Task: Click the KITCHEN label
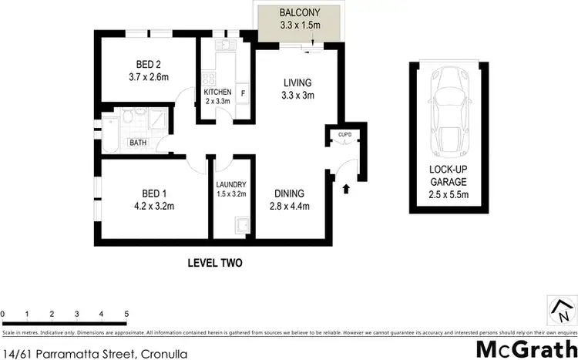coord(217,93)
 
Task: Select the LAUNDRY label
coord(231,184)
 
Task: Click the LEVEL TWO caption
coord(215,263)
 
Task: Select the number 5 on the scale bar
coord(126,314)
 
